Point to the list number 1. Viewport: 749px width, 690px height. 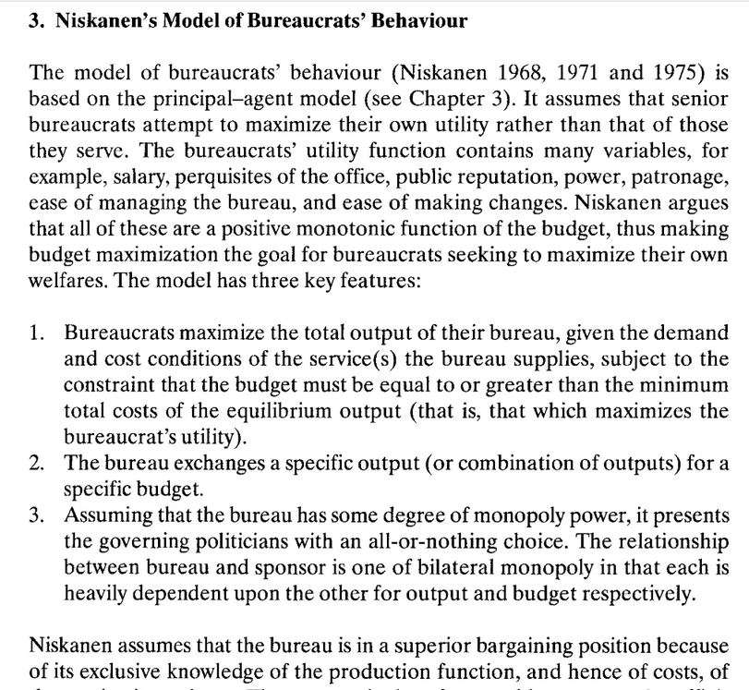click(39, 332)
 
